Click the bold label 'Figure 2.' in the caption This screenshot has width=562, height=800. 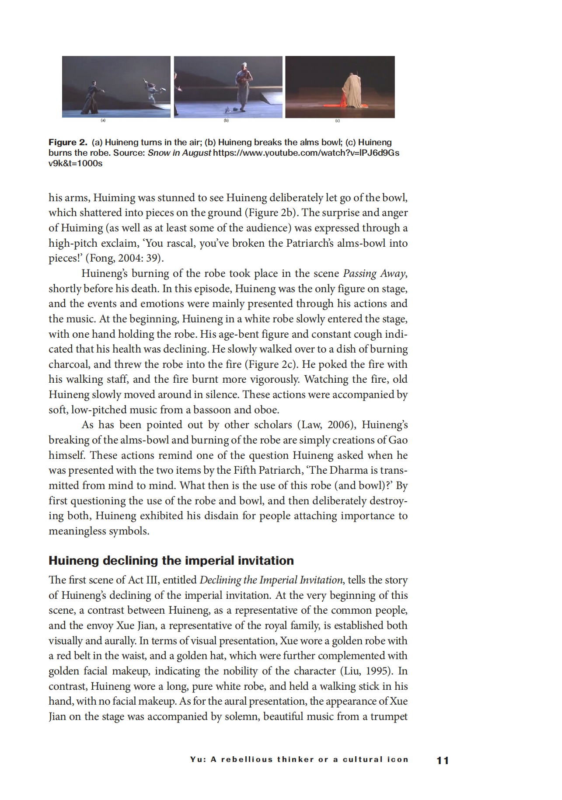click(x=68, y=143)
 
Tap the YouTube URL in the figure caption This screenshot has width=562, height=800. click(x=306, y=153)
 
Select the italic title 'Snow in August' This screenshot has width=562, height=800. click(x=179, y=153)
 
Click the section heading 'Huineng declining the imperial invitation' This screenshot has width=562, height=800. click(x=171, y=560)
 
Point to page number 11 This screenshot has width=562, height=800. click(x=443, y=761)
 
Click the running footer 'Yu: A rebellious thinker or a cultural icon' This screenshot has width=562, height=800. click(x=299, y=759)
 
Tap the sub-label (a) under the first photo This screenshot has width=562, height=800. click(x=103, y=120)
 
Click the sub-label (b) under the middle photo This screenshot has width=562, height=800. click(x=226, y=120)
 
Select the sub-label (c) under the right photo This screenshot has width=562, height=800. click(x=337, y=120)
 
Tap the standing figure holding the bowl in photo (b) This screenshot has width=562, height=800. click(x=243, y=85)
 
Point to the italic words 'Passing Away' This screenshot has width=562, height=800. click(x=374, y=273)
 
